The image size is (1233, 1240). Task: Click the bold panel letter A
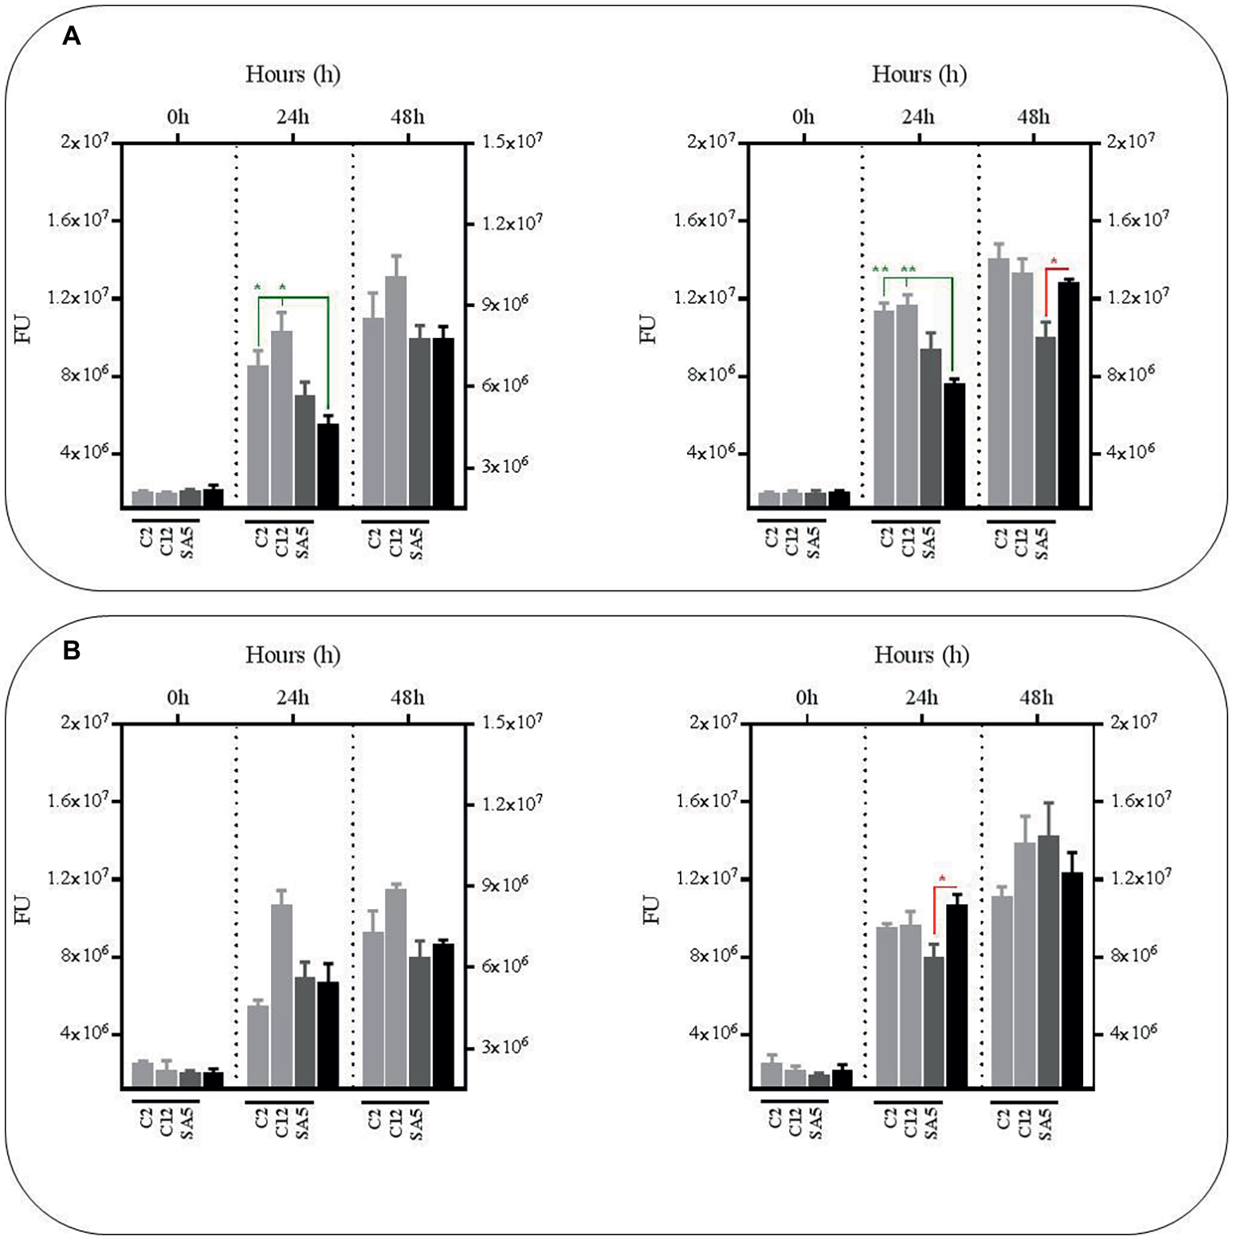click(x=72, y=37)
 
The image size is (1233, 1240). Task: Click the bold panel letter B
click(x=72, y=651)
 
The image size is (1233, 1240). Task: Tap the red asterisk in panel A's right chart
click(x=1054, y=262)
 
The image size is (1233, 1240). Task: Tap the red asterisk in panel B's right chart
click(x=942, y=880)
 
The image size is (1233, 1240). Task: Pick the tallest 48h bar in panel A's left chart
click(x=396, y=391)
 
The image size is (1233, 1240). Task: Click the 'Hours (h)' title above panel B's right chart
click(x=921, y=655)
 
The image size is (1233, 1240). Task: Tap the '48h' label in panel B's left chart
click(x=407, y=698)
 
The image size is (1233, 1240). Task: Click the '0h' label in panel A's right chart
click(x=803, y=117)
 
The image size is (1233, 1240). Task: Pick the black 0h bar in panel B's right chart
click(x=842, y=1077)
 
